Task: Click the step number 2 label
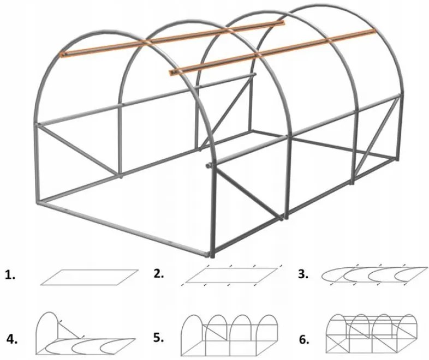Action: [x=159, y=274]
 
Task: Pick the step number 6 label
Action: [x=305, y=339]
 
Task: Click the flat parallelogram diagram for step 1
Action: [x=88, y=277]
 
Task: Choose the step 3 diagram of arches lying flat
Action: [x=374, y=274]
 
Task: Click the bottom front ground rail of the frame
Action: [x=126, y=229]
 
